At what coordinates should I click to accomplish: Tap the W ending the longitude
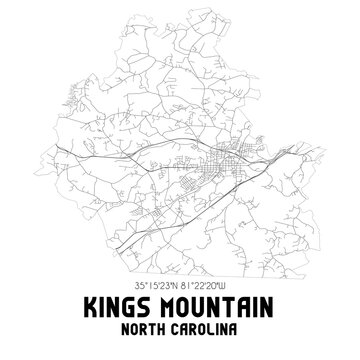[233, 287]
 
